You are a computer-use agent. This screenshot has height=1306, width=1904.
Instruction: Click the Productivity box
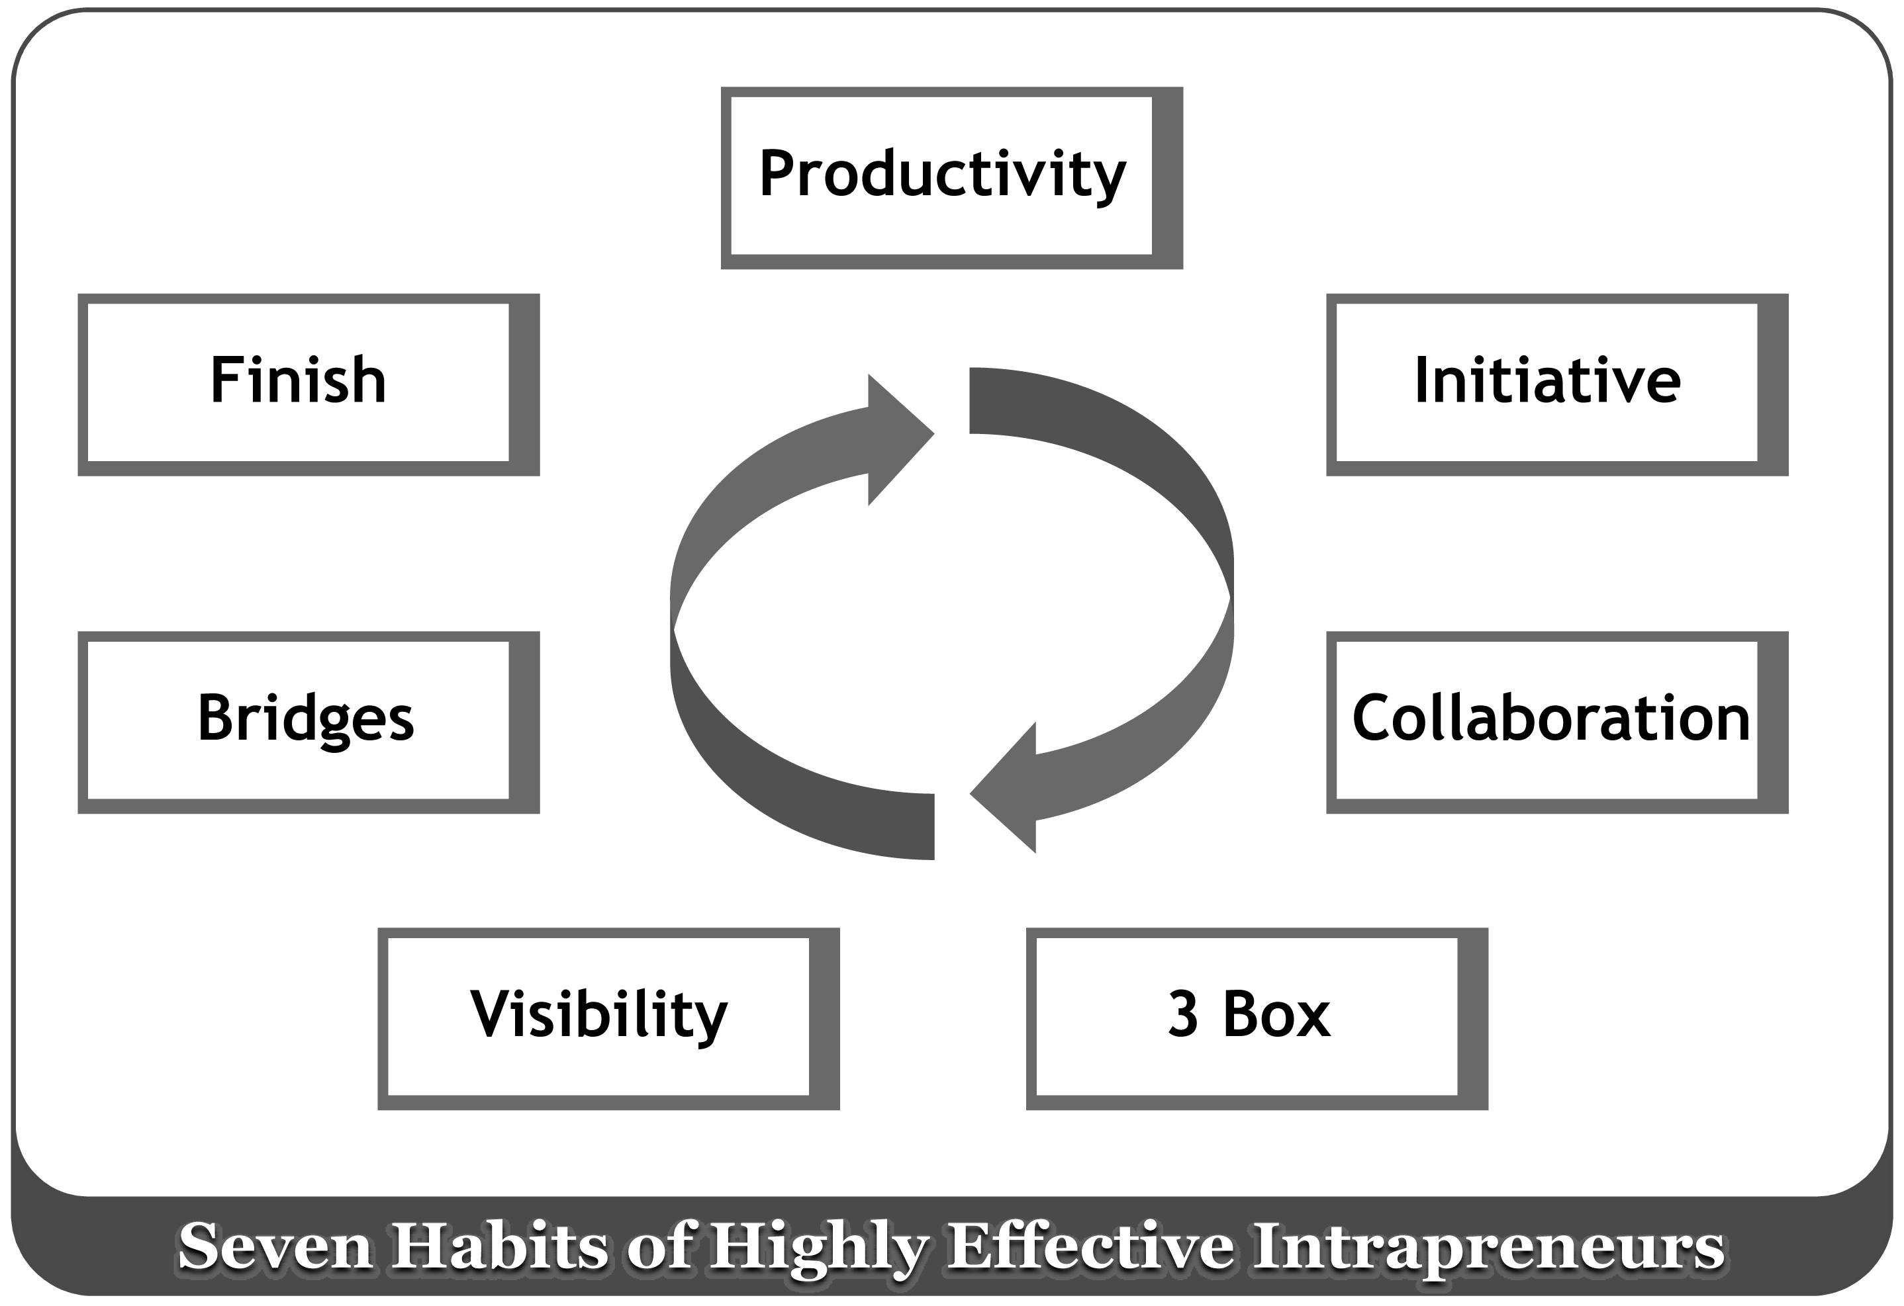pos(951,178)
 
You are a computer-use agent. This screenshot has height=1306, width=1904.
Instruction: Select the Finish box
pos(309,385)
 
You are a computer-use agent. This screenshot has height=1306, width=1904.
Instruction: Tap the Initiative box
pos(1556,385)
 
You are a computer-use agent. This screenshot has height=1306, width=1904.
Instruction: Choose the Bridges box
pos(309,722)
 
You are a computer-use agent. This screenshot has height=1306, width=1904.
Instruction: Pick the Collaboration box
pos(1556,722)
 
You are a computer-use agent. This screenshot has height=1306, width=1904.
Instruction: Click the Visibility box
pos(608,1019)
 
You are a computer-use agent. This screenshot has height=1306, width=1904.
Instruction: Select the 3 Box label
pos(1249,1014)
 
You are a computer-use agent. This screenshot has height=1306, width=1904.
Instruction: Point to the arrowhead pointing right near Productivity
pos(900,440)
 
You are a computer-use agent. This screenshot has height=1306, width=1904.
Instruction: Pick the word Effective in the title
pos(1090,1247)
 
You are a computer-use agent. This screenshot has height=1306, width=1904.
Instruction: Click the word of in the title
pos(660,1247)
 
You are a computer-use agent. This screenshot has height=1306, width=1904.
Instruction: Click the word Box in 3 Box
pos(1277,1014)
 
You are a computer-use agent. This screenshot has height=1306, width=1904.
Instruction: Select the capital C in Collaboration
pos(1372,717)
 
